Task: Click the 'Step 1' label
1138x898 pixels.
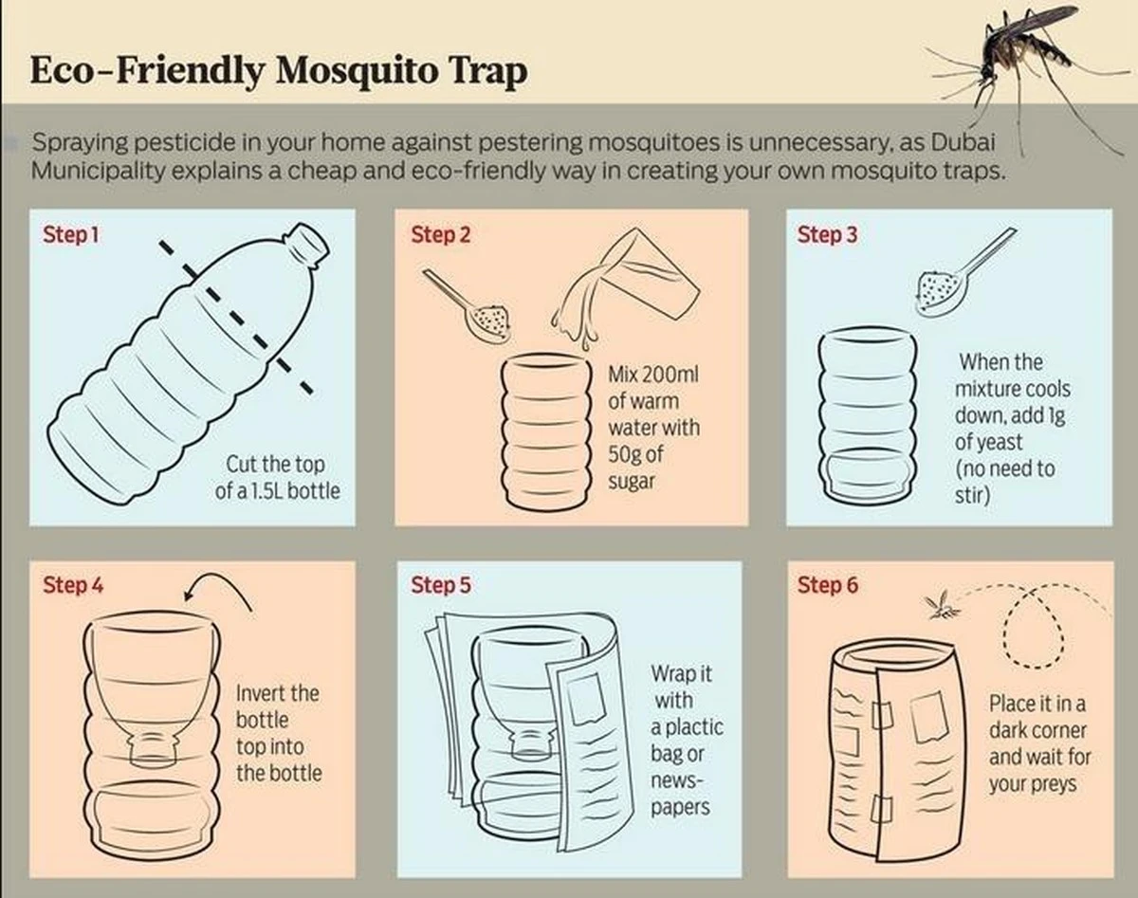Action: click(x=71, y=235)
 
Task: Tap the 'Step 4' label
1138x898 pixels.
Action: click(x=73, y=585)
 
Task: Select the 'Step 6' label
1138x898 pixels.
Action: click(x=828, y=585)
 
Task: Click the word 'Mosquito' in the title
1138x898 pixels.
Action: click(x=358, y=71)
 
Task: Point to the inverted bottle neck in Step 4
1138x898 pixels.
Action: click(x=153, y=746)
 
